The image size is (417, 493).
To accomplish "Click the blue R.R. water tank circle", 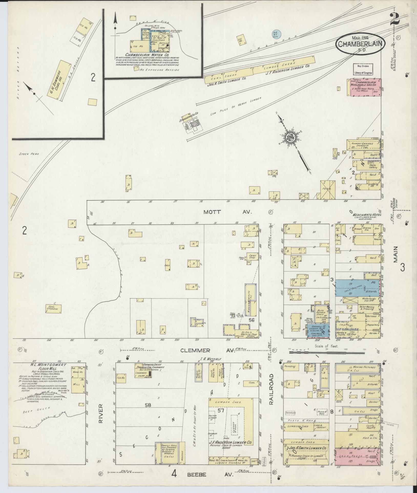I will point(276,34).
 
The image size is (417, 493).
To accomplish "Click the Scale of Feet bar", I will point(327,352).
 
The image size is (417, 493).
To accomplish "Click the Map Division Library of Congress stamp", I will point(363,69).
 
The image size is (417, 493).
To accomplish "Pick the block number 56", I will point(251,320).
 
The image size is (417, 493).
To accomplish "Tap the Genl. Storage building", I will point(54,309).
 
